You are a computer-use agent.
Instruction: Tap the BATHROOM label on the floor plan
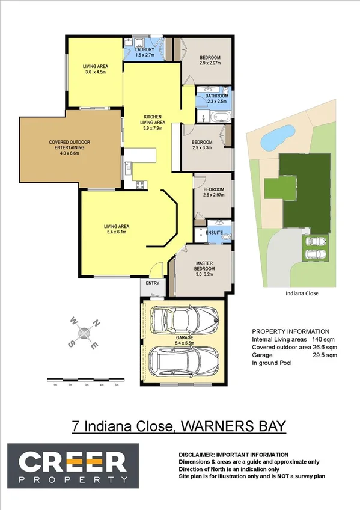tap(217, 96)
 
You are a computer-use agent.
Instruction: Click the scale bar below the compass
tap(85, 379)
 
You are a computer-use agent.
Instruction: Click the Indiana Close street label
tap(302, 294)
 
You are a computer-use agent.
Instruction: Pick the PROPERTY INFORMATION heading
tap(290, 331)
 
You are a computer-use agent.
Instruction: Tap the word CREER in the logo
tap(72, 462)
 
